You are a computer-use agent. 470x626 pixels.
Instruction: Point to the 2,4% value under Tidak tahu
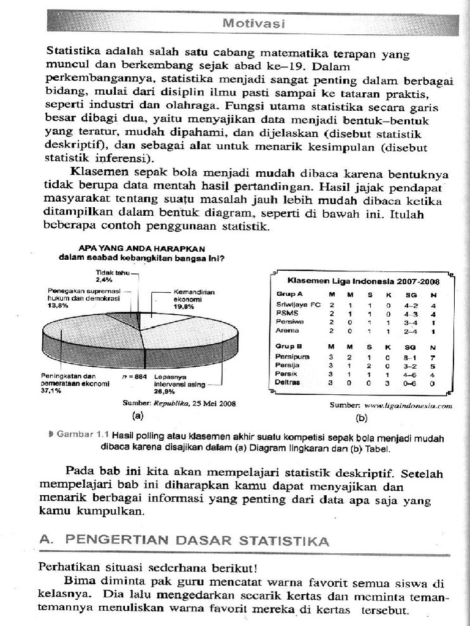click(103, 279)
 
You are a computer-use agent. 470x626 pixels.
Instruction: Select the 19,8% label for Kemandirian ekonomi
click(183, 307)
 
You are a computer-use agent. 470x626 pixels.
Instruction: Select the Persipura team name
click(293, 356)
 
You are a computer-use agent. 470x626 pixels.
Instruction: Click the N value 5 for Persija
click(433, 365)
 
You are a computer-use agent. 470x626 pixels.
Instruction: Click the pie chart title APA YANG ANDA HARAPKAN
click(141, 248)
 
